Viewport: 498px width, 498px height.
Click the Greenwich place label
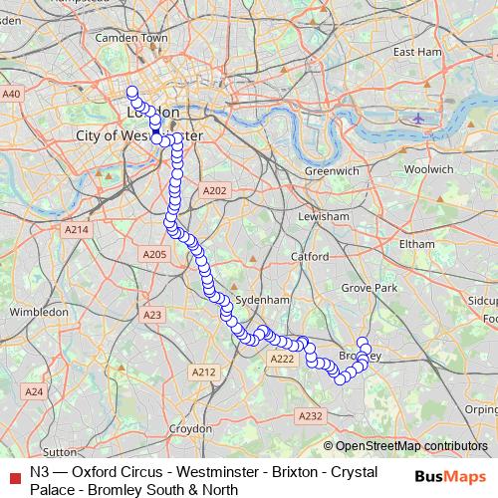click(x=332, y=171)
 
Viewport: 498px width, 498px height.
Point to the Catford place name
click(x=310, y=257)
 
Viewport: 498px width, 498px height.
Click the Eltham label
click(x=415, y=244)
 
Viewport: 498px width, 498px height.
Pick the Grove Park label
click(x=370, y=288)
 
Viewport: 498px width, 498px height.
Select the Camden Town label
click(x=130, y=38)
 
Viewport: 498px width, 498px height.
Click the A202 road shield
click(x=215, y=190)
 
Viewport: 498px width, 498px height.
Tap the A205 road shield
click(x=154, y=256)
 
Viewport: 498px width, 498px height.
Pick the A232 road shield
click(x=311, y=416)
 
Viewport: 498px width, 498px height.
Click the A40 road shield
click(x=12, y=94)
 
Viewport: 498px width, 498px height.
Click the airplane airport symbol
click(x=417, y=119)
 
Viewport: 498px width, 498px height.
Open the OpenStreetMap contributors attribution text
click(x=411, y=446)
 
